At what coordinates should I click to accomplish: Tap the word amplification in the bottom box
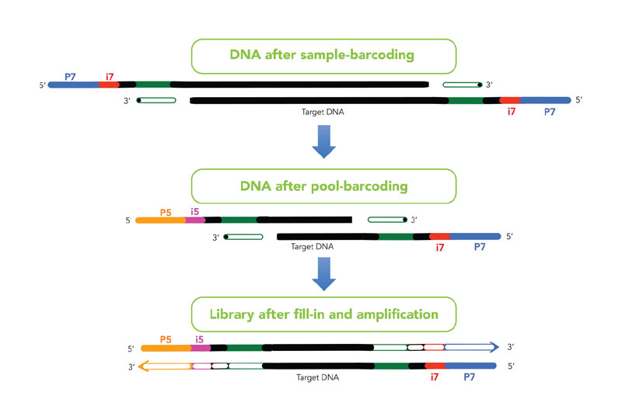point(397,314)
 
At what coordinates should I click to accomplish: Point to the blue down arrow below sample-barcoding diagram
point(323,141)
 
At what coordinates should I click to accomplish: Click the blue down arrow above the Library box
point(323,274)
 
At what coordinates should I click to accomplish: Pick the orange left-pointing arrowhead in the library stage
point(145,366)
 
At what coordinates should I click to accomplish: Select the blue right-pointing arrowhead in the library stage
point(494,347)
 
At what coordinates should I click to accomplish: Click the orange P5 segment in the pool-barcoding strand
point(161,220)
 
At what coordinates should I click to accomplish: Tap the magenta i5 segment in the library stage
point(201,348)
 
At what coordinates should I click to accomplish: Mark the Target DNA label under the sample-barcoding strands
point(323,112)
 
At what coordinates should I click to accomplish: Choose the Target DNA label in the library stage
point(317,377)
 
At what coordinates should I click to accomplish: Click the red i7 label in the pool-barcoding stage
point(439,248)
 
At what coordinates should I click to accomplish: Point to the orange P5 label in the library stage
point(166,339)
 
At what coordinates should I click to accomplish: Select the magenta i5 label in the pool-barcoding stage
point(194,212)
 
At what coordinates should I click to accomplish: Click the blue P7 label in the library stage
point(470,377)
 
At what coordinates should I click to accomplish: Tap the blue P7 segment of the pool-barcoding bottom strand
point(475,237)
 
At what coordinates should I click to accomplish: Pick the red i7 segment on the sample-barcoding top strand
point(109,85)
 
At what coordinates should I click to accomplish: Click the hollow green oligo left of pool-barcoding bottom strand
point(243,237)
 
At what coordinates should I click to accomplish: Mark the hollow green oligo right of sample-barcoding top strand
point(463,85)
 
